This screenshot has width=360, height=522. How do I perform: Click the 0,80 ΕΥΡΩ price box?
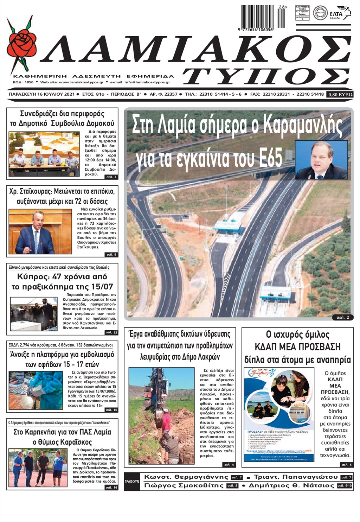[340, 95]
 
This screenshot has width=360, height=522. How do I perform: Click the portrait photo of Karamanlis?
[321, 160]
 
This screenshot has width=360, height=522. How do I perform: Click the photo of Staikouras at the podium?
[40, 232]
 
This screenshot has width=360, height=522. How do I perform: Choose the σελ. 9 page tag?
[111, 254]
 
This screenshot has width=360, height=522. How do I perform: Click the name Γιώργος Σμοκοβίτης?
[184, 486]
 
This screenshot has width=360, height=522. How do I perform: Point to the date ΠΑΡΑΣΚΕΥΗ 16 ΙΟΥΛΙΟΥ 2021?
[42, 94]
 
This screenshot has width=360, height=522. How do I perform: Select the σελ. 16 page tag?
[111, 487]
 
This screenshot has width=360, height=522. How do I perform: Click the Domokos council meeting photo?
[44, 154]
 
